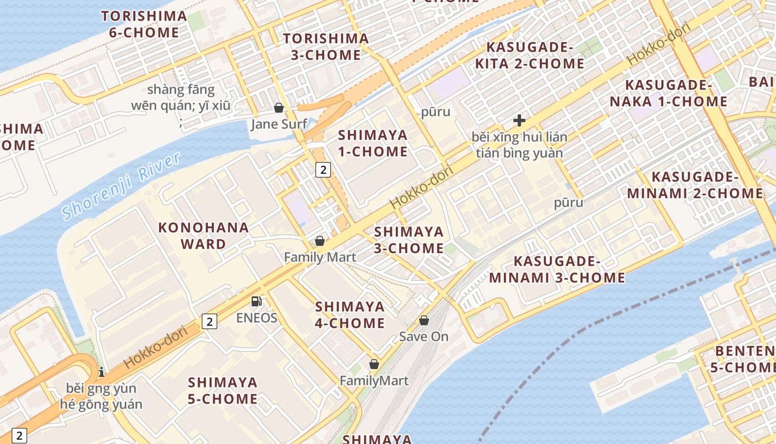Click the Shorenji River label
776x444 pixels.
click(x=121, y=185)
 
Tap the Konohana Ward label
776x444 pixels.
click(x=203, y=235)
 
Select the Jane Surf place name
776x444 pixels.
click(x=279, y=124)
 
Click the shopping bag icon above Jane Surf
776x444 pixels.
click(x=279, y=108)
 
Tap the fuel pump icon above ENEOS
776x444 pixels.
click(x=256, y=301)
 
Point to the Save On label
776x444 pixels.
click(x=424, y=336)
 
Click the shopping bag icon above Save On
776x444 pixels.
click(x=424, y=320)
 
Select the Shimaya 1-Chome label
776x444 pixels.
click(x=372, y=143)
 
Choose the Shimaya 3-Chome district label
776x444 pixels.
click(x=409, y=240)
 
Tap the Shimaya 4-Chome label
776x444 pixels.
click(x=350, y=315)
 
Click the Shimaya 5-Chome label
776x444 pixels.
click(x=223, y=390)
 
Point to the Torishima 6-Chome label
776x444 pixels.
click(x=144, y=24)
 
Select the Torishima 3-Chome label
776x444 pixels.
click(x=326, y=47)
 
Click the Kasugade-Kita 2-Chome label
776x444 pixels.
click(x=529, y=55)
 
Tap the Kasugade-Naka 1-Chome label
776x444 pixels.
click(x=668, y=93)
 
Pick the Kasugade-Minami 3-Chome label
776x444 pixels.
click(x=557, y=269)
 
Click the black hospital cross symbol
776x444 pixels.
click(x=519, y=120)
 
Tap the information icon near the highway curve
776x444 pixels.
click(x=101, y=372)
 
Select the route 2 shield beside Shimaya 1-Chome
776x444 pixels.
click(x=323, y=170)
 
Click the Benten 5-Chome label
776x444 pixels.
click(x=746, y=359)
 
